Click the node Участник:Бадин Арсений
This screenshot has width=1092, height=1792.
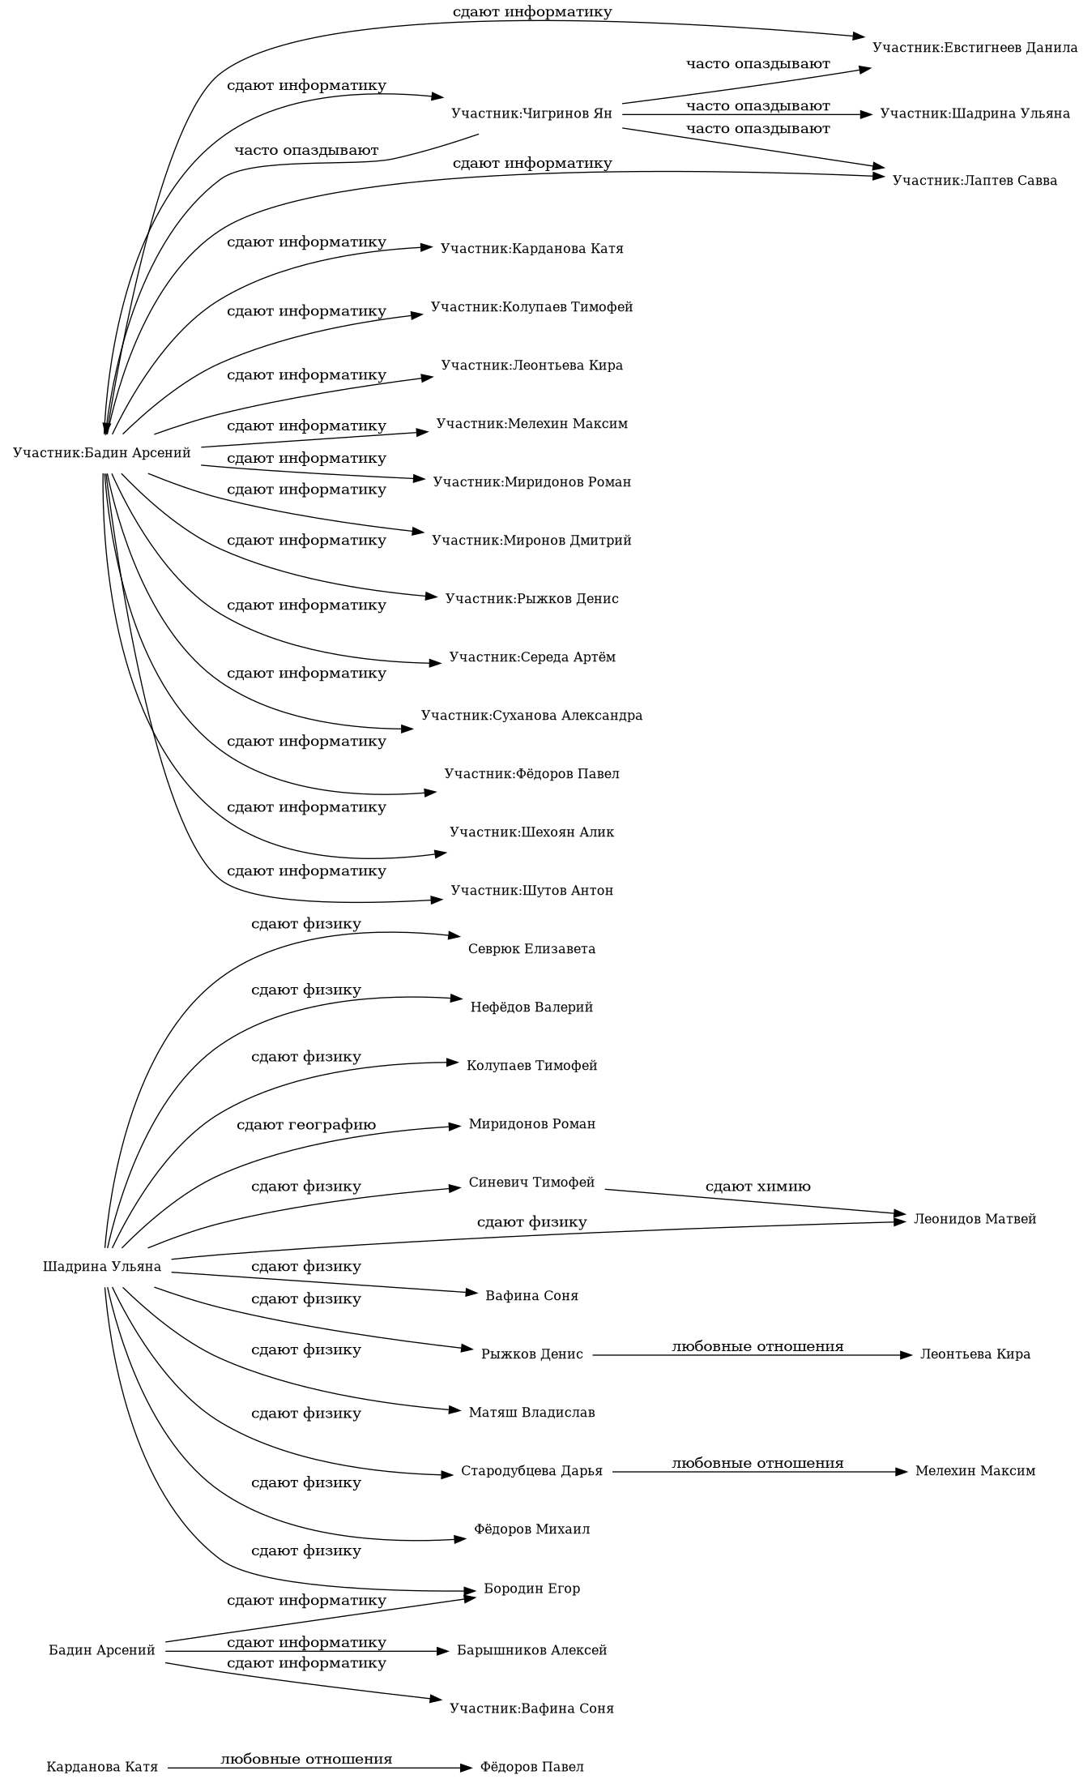coord(102,453)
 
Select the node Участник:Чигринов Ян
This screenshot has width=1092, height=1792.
coord(531,113)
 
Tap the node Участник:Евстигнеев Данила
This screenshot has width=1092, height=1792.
coord(975,48)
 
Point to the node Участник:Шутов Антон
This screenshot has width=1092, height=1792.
coord(531,891)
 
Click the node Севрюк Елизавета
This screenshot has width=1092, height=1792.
coord(531,949)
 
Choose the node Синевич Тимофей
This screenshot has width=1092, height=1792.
coord(531,1183)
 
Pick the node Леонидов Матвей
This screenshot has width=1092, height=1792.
coord(975,1219)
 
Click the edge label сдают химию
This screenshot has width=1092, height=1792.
coord(757,1187)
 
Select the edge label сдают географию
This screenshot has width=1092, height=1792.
coord(306,1125)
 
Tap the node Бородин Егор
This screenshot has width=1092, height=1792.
coord(531,1589)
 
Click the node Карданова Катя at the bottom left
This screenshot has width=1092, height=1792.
coord(102,1767)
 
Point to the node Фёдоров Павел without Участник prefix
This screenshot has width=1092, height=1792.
coord(531,1767)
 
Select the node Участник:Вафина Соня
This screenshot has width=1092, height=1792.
coord(531,1709)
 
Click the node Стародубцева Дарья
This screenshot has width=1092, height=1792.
coord(531,1471)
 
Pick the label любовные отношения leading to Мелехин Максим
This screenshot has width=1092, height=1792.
coord(757,1463)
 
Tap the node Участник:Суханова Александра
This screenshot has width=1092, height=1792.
coord(531,716)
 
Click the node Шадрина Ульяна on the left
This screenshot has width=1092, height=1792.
coord(102,1267)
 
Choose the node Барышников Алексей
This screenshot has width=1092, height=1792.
coord(531,1650)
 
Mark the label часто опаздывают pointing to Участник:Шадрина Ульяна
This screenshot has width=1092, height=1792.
coord(757,106)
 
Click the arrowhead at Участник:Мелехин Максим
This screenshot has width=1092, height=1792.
coord(423,433)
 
